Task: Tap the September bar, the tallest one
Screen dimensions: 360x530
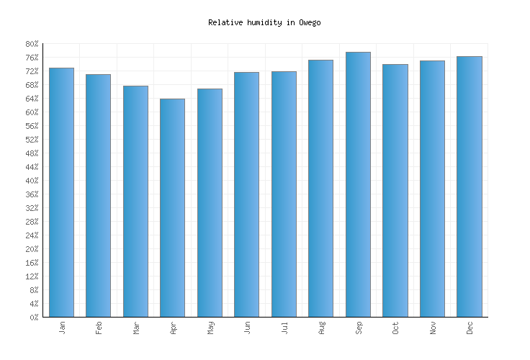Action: click(x=358, y=184)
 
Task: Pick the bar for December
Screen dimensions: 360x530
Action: click(x=469, y=186)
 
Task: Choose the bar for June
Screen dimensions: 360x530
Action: click(x=246, y=194)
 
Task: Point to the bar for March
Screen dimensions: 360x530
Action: click(x=135, y=201)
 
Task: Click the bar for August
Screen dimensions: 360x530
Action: click(x=320, y=188)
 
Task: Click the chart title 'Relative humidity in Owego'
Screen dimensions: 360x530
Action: click(x=264, y=22)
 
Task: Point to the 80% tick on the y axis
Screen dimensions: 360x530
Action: click(x=31, y=44)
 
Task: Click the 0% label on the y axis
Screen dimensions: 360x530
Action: click(x=33, y=318)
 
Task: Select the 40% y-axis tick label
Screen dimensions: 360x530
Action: click(x=31, y=181)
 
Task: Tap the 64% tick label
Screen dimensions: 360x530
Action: click(x=31, y=99)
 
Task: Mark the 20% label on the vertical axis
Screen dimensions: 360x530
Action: click(x=31, y=249)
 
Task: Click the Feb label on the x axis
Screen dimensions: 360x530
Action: click(x=99, y=328)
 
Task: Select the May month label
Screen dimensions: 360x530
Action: click(x=210, y=328)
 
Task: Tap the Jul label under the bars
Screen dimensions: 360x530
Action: click(x=284, y=328)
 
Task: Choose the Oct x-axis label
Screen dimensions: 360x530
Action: click(x=395, y=328)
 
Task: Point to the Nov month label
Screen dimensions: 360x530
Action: click(x=433, y=328)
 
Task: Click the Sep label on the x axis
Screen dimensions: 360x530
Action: click(x=359, y=328)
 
